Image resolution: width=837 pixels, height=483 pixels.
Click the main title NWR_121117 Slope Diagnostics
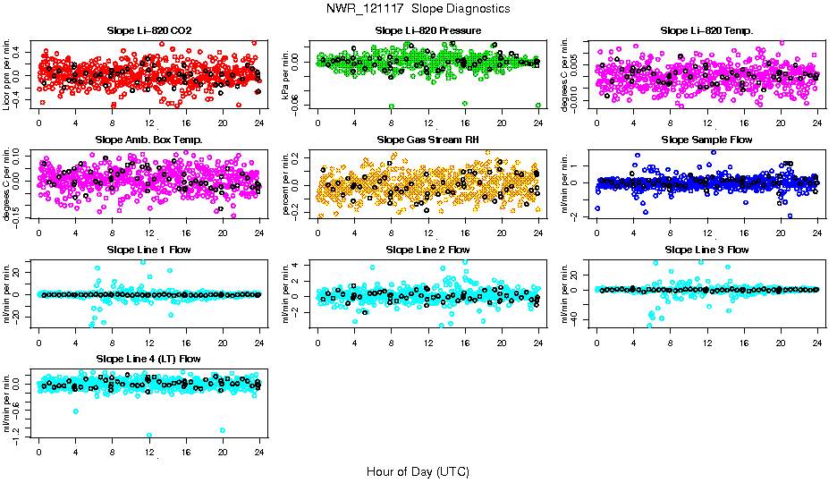(x=418, y=8)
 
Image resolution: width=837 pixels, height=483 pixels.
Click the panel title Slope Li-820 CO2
(x=148, y=30)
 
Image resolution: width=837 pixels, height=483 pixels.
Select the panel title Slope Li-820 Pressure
(x=428, y=30)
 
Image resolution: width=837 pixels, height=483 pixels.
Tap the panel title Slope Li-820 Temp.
(x=706, y=30)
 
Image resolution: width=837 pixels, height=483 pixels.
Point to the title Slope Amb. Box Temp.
(x=148, y=140)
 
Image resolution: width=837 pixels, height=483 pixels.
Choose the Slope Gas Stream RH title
(x=428, y=140)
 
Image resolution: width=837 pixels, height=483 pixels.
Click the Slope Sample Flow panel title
(x=706, y=140)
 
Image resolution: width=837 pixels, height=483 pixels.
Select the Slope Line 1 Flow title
(x=148, y=250)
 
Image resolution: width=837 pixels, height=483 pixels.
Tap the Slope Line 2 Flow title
(x=428, y=250)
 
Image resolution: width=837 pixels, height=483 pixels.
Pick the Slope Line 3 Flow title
(x=706, y=250)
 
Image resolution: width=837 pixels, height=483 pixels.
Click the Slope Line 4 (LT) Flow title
(x=148, y=360)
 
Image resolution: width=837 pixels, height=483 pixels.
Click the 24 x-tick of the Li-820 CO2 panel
(x=259, y=123)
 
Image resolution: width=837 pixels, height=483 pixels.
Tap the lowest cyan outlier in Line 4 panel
(x=149, y=436)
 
